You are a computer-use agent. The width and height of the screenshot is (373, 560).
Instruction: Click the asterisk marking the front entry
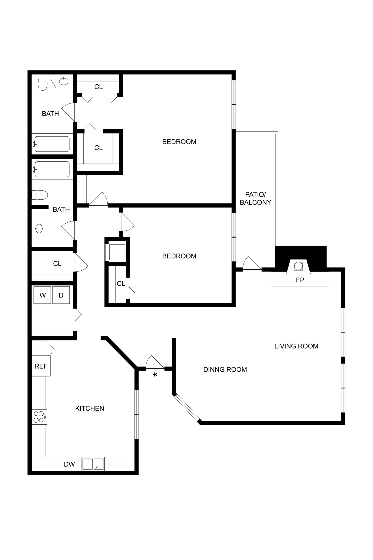coord(155,375)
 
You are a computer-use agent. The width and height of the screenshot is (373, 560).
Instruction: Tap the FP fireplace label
coord(300,280)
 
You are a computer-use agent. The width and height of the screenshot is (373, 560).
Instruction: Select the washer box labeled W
coord(42,295)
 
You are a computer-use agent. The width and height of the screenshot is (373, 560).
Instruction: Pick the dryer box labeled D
coord(61,295)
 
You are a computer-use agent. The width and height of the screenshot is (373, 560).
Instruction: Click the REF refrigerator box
coord(41,366)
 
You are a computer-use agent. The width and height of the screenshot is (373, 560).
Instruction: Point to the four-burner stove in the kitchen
coord(39,417)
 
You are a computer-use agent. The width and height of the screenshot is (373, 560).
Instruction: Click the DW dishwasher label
coord(69,464)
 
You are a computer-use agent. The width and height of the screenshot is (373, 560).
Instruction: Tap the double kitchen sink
coord(93,464)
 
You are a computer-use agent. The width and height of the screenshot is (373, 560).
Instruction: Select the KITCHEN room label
coord(90,408)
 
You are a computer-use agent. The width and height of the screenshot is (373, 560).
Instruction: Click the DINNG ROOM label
coord(225,369)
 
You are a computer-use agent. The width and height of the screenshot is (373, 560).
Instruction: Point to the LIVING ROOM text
coord(296,346)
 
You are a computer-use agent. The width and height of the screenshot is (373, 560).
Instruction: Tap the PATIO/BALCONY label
coord(255,199)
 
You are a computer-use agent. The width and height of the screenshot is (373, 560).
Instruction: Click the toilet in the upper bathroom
coord(43,84)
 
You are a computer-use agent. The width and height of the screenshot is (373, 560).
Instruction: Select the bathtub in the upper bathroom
coord(52,144)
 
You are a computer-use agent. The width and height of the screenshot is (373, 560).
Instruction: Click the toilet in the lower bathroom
coord(39,195)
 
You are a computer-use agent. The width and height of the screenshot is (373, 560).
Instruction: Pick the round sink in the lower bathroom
coord(39,228)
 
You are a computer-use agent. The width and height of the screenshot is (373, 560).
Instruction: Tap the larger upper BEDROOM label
coord(179,142)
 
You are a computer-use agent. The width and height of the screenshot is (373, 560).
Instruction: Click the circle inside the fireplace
coord(298,266)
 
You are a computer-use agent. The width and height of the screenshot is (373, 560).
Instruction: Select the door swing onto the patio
coord(251,264)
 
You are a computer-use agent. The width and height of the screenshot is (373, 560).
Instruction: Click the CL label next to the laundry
coord(57,264)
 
